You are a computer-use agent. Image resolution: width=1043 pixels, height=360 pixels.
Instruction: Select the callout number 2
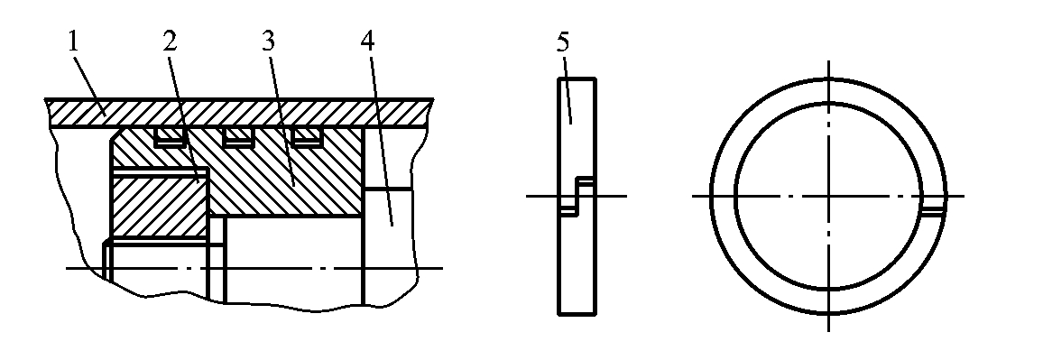click(x=170, y=42)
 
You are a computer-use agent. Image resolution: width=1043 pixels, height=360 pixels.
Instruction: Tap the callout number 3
click(x=267, y=42)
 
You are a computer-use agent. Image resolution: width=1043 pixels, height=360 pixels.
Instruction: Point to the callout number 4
click(x=367, y=42)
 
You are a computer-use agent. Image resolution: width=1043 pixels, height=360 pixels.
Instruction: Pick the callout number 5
click(x=563, y=42)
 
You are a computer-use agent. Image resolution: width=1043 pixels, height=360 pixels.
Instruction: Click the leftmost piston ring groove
click(x=170, y=138)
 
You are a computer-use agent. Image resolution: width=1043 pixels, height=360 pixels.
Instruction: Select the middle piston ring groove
click(x=239, y=138)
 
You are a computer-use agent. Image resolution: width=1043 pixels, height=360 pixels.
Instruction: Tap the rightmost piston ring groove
click(x=308, y=138)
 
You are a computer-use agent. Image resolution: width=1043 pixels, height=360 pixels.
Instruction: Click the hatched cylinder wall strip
click(x=239, y=113)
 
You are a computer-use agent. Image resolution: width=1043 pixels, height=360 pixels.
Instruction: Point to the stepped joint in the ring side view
click(x=577, y=197)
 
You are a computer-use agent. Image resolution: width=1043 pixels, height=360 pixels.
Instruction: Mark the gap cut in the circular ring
click(x=933, y=212)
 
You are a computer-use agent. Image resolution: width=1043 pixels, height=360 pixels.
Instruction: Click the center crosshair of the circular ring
click(x=829, y=197)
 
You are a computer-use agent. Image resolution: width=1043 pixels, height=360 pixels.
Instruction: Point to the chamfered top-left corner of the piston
click(x=115, y=134)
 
